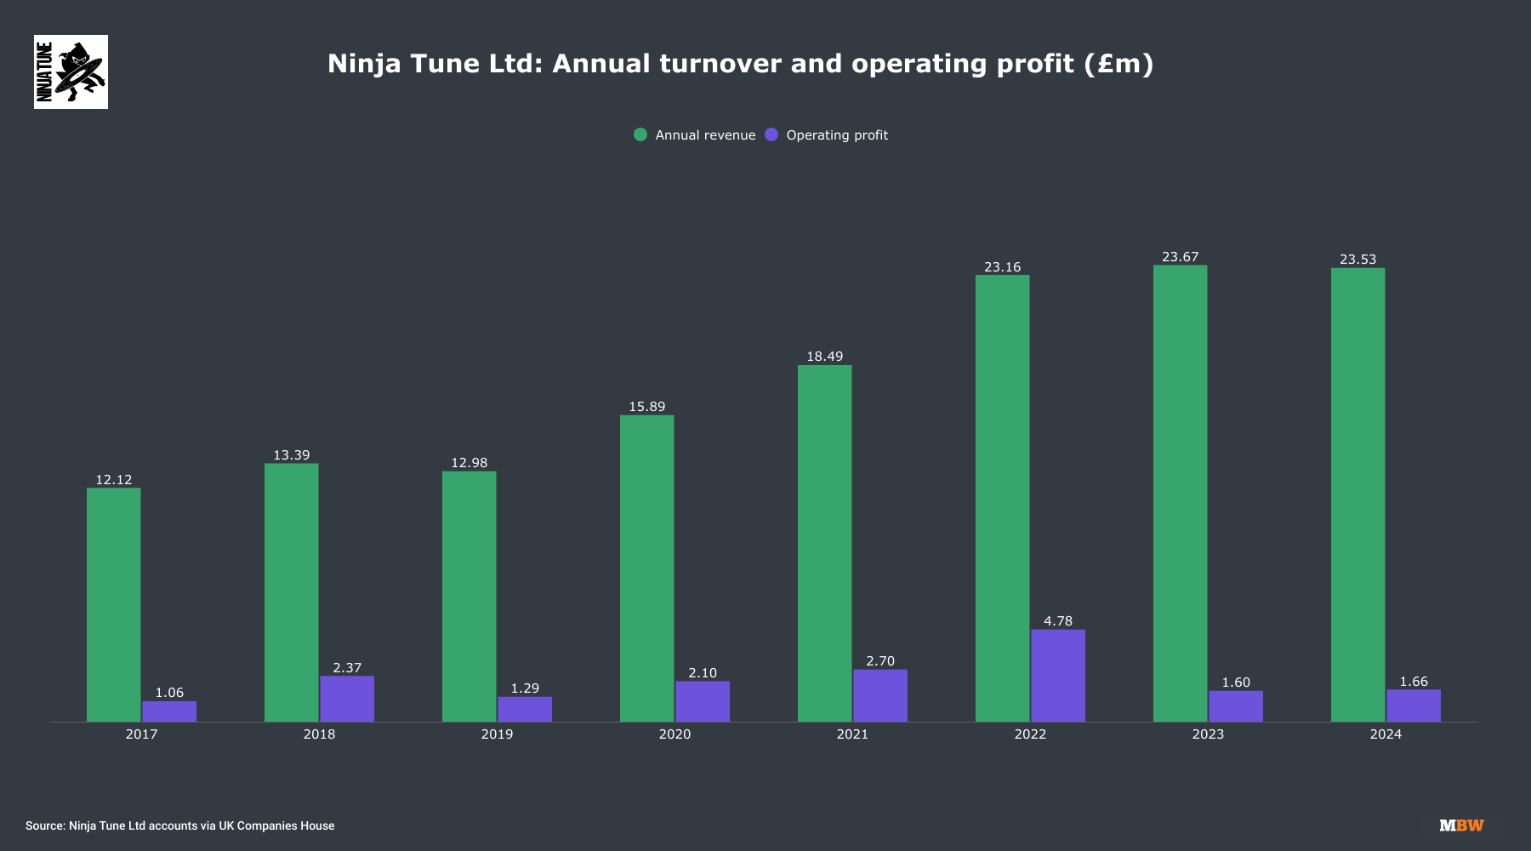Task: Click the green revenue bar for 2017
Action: point(114,604)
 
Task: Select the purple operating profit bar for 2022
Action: point(1058,676)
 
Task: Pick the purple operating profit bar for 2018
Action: point(347,699)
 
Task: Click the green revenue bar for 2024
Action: point(1357,494)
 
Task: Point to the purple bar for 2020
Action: point(703,701)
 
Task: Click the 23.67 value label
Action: point(1180,257)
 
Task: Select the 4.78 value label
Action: point(1058,621)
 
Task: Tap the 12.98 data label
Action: point(469,463)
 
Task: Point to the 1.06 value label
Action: point(169,693)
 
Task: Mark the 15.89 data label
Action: point(646,407)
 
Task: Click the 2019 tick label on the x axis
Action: point(497,734)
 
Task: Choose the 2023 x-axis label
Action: point(1208,734)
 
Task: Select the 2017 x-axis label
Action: point(141,734)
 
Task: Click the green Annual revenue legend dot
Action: point(640,134)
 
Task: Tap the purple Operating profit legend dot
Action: point(771,134)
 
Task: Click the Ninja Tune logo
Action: point(71,71)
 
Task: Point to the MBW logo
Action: point(1461,825)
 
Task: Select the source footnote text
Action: point(179,825)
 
